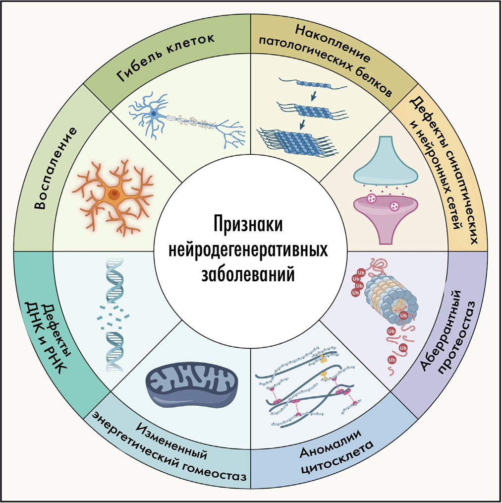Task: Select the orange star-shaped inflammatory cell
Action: coord(115,195)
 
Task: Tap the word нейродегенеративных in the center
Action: coord(251,250)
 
